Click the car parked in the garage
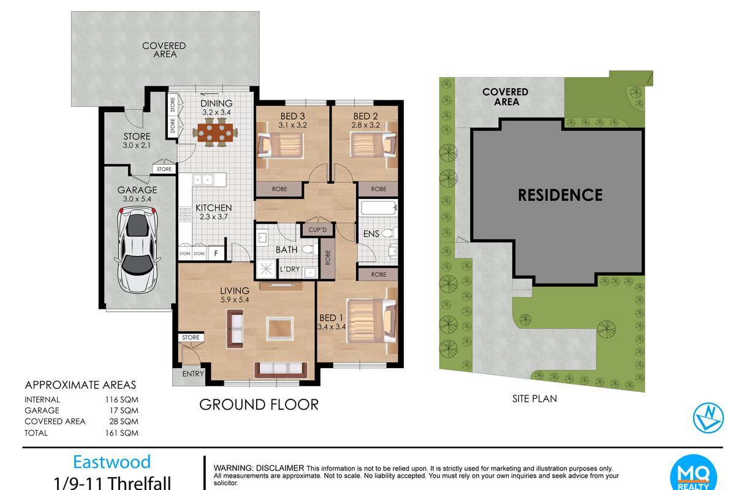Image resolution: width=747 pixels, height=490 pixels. pyautogui.click(x=137, y=250)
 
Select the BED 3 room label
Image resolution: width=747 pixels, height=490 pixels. pyautogui.click(x=292, y=116)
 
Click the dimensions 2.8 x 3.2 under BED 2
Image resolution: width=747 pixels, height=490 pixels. pyautogui.click(x=365, y=126)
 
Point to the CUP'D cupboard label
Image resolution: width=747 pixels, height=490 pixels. pyautogui.click(x=317, y=230)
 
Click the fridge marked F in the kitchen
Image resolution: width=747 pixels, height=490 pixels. pyautogui.click(x=216, y=254)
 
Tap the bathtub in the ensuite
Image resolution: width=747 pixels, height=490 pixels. pyautogui.click(x=378, y=208)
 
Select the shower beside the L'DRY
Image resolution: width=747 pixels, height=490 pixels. pyautogui.click(x=266, y=269)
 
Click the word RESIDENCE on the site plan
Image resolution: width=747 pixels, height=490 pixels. pyautogui.click(x=560, y=195)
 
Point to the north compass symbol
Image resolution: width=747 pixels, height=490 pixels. pyautogui.click(x=708, y=418)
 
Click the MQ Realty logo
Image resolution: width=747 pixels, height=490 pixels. pyautogui.click(x=694, y=473)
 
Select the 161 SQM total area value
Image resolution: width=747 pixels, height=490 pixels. pyautogui.click(x=122, y=432)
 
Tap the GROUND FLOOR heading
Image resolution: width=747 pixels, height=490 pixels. pyautogui.click(x=259, y=405)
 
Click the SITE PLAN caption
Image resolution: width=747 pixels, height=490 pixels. pyautogui.click(x=534, y=399)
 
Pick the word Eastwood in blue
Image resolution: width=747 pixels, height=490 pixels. pyautogui.click(x=112, y=462)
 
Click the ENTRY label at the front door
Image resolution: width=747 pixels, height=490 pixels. pyautogui.click(x=193, y=374)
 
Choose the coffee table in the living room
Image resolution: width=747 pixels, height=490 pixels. pyautogui.click(x=280, y=329)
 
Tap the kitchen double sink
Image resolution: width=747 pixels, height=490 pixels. pyautogui.click(x=203, y=180)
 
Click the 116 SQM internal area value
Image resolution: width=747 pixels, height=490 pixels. pyautogui.click(x=122, y=399)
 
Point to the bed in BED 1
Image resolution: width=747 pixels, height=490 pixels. pyautogui.click(x=372, y=321)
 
